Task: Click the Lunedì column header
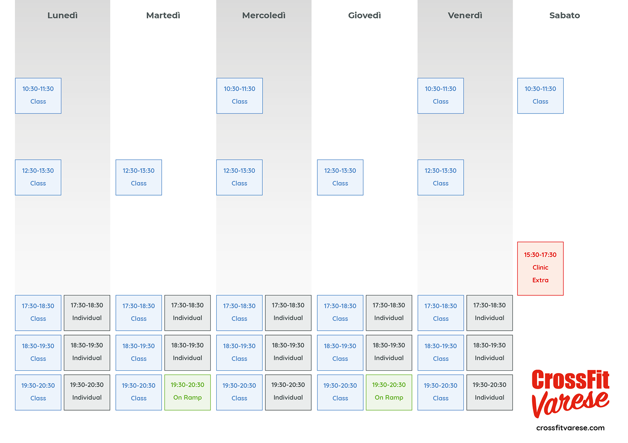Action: [62, 15]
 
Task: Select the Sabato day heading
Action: [564, 15]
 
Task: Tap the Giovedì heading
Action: [364, 15]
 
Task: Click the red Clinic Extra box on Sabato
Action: [540, 268]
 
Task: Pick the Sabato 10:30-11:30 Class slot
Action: [540, 95]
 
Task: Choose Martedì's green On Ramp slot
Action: [187, 392]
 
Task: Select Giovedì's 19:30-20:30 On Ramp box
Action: [389, 392]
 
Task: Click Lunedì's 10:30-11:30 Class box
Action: [38, 95]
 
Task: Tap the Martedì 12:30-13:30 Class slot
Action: [139, 177]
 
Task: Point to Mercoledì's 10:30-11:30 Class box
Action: [239, 95]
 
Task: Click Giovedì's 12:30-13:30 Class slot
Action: [340, 177]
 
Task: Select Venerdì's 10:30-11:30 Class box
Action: [440, 95]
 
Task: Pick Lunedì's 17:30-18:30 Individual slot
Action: [87, 313]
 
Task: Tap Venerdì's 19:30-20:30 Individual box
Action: [489, 392]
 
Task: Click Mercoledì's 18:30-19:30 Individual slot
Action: [288, 352]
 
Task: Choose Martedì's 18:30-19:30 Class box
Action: [139, 352]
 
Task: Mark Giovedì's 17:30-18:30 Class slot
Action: [340, 313]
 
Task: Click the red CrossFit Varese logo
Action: [570, 393]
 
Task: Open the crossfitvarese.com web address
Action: [570, 428]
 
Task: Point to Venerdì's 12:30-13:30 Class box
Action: [440, 177]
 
